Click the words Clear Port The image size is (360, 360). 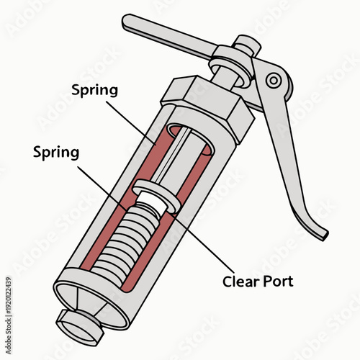[258, 281]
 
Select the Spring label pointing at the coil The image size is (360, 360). [56, 153]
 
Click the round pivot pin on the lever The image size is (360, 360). [273, 81]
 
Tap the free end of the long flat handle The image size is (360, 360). [130, 22]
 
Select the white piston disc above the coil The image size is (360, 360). [156, 199]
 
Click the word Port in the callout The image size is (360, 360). [279, 281]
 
